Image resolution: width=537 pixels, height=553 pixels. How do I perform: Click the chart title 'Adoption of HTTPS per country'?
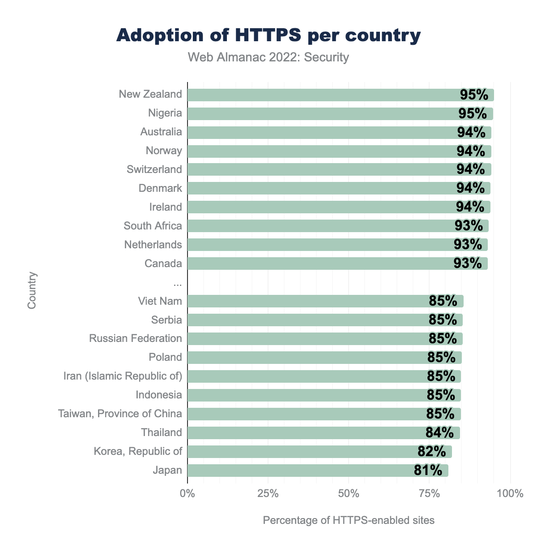click(268, 35)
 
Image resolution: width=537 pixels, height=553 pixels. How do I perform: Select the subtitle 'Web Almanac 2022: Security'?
click(268, 57)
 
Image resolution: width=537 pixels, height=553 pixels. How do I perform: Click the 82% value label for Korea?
click(431, 451)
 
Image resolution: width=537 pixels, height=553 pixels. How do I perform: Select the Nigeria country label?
click(165, 113)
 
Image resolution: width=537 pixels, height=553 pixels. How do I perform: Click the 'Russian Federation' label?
click(136, 338)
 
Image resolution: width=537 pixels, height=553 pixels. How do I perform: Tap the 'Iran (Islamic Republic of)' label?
click(123, 376)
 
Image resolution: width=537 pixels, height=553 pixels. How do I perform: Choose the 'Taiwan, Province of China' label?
click(120, 413)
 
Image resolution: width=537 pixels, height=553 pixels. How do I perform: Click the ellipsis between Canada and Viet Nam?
click(177, 282)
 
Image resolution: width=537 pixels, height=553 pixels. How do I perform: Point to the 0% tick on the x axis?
click(187, 494)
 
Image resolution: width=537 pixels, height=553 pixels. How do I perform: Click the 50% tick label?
click(349, 494)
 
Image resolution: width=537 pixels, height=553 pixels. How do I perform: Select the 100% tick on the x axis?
click(510, 494)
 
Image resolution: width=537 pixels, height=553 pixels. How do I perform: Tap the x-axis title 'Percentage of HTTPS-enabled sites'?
click(349, 520)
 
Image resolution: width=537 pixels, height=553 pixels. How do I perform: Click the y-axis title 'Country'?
click(32, 290)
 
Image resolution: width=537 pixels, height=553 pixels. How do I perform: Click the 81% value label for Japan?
click(428, 470)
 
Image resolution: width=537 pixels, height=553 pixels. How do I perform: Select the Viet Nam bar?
click(313, 301)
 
